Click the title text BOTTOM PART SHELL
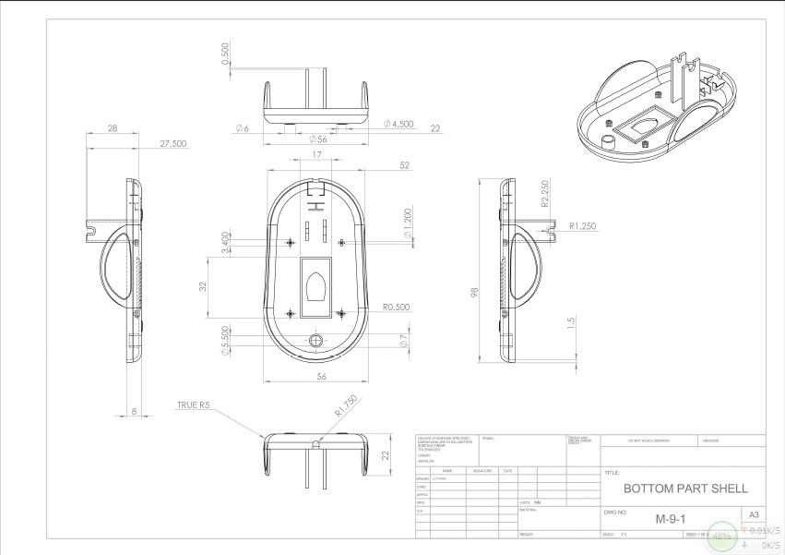(x=685, y=488)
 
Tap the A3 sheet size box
(x=753, y=513)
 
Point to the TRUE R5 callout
(x=194, y=404)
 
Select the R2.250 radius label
(x=545, y=191)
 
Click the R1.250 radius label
(x=585, y=224)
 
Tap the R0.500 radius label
(x=396, y=307)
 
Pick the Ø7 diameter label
(x=404, y=342)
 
